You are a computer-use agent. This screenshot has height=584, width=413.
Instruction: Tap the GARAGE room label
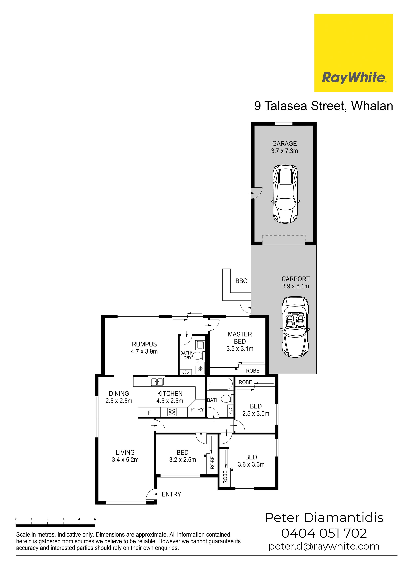coord(284,144)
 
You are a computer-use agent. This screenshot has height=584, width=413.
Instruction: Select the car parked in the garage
coord(285,194)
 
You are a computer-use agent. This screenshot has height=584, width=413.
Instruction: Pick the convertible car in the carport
coord(295,327)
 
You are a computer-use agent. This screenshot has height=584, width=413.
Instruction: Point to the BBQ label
coord(241,281)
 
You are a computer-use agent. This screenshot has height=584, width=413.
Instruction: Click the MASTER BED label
coord(240,338)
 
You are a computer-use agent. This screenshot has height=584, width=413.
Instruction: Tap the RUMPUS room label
coord(144,344)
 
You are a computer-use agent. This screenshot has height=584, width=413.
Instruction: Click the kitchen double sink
coord(157,382)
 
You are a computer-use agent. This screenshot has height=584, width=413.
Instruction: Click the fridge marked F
coord(149,413)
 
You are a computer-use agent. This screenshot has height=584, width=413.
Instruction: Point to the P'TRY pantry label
coord(197,410)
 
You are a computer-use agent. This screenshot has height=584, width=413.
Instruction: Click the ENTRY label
coord(171,494)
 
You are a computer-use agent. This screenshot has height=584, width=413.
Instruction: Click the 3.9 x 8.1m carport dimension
coord(295,286)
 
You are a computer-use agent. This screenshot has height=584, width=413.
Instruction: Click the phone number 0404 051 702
coord(324,533)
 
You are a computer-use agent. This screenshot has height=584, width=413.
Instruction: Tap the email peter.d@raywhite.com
coord(324,546)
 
